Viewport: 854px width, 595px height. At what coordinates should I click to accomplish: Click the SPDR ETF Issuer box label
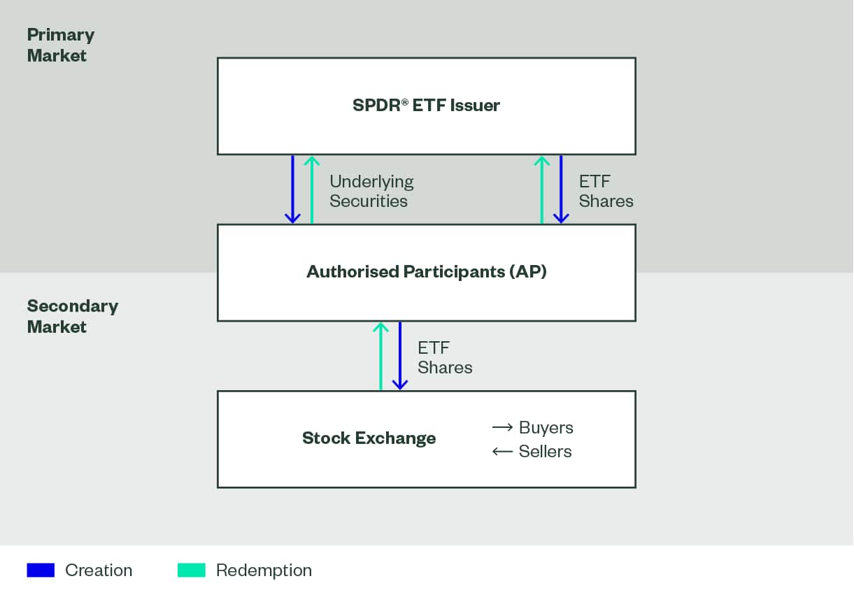pos(426,106)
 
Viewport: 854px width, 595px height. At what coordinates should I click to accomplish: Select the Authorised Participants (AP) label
pos(426,271)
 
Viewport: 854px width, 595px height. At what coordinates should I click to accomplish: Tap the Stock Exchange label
pos(369,438)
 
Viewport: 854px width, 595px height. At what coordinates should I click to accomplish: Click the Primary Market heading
pos(60,45)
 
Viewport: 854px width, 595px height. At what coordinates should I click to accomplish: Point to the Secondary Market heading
pos(72,316)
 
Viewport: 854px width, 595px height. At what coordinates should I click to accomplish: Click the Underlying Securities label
pos(371,191)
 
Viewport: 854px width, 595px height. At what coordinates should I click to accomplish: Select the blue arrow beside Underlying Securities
pos(292,189)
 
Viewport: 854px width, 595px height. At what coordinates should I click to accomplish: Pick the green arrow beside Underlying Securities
pos(312,189)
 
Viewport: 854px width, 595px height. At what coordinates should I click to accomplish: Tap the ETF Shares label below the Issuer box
pos(606,191)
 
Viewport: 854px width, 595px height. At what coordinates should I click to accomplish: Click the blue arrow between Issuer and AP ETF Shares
pos(560,189)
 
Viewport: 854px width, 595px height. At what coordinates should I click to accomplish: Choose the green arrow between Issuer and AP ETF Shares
pos(541,189)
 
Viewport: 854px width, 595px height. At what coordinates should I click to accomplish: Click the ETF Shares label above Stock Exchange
pos(445,357)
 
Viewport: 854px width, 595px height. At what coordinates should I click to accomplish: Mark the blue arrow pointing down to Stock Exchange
pos(399,356)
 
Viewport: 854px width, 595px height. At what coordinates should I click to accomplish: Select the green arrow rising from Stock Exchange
pos(380,356)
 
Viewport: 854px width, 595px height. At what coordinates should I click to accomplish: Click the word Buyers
pos(546,427)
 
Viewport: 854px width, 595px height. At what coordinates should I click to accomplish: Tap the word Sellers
pos(545,451)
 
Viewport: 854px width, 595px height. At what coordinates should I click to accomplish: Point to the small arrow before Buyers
pos(503,427)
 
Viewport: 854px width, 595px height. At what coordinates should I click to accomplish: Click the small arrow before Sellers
pos(503,451)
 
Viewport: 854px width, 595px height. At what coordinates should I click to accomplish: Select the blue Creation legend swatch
pos(41,570)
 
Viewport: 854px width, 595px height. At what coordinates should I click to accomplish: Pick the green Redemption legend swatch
pos(192,570)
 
